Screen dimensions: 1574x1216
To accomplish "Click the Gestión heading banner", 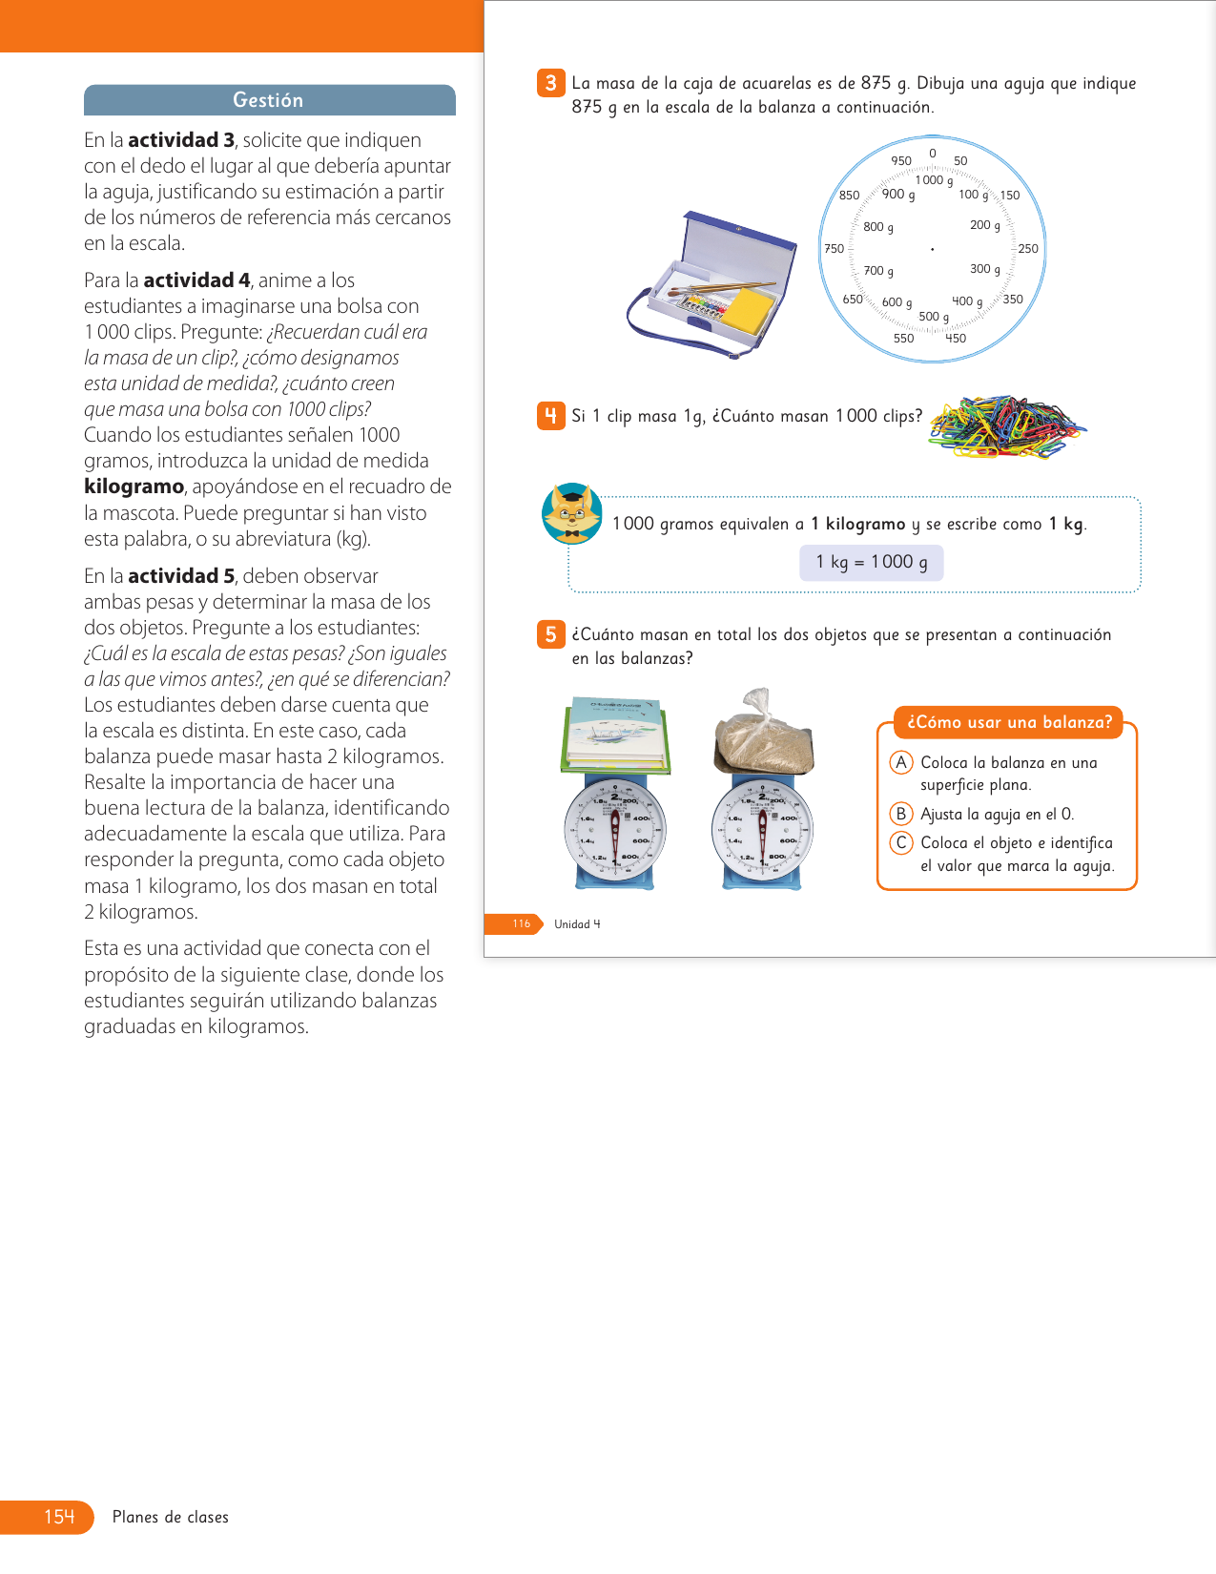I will (x=269, y=100).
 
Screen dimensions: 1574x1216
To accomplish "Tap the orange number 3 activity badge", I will (x=550, y=83).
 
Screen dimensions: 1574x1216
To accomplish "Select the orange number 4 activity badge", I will (x=550, y=416).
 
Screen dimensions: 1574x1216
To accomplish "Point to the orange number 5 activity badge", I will (x=550, y=634).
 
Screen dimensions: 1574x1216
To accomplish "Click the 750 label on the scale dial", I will (x=834, y=249).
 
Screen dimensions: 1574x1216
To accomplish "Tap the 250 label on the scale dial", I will (x=1028, y=249).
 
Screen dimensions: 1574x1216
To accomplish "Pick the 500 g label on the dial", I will (x=933, y=317).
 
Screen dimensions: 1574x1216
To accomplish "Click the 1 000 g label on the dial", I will (x=934, y=180).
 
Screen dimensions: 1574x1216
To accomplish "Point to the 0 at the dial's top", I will (x=933, y=154).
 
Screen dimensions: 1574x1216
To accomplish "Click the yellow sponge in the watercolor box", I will (x=750, y=310).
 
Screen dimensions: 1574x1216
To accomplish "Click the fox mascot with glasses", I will (x=571, y=513).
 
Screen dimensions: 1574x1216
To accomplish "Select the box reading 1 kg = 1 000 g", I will (x=871, y=563).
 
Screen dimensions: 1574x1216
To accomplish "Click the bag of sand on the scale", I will (x=763, y=737).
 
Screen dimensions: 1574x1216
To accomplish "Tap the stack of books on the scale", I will (x=616, y=735).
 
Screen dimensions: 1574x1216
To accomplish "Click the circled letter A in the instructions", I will (x=900, y=762).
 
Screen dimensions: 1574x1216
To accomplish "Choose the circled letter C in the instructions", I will (x=900, y=843).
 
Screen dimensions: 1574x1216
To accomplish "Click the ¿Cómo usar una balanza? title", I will (x=1009, y=722).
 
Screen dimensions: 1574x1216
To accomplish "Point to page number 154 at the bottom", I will (x=59, y=1517).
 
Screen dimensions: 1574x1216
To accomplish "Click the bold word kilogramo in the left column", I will (x=134, y=487).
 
